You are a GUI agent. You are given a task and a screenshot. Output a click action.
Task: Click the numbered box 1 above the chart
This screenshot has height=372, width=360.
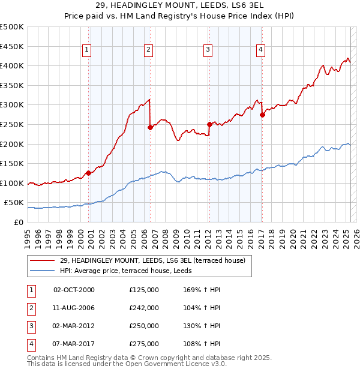[x=88, y=50]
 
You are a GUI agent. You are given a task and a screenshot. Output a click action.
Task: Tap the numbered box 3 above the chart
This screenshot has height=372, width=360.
[x=208, y=50]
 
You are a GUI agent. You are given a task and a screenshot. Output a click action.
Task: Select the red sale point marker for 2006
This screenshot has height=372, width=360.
[x=150, y=127]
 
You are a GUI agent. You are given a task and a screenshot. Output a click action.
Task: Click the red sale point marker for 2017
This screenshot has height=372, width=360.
[x=262, y=115]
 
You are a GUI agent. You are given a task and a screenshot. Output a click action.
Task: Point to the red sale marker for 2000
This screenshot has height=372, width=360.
[x=88, y=173]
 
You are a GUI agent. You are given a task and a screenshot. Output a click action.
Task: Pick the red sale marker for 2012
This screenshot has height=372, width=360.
[x=209, y=124]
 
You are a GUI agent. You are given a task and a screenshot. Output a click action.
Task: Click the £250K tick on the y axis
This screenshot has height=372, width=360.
[x=12, y=124]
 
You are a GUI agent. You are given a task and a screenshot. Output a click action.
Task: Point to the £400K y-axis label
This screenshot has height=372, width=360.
[x=12, y=65]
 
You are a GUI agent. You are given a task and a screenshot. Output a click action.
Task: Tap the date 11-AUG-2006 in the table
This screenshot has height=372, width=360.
[x=74, y=308]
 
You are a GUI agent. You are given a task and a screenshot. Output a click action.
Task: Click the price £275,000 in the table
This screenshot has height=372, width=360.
[x=144, y=344]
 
